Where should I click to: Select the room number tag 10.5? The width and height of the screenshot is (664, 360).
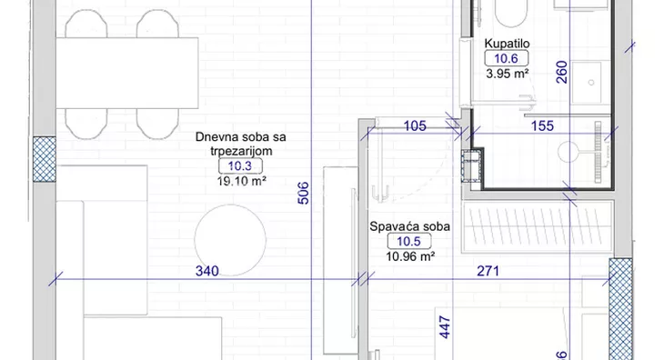click(406, 241)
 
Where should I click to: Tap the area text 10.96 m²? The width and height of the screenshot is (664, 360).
click(406, 256)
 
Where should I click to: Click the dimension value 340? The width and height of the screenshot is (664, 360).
click(206, 271)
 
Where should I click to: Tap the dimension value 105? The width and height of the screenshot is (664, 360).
click(414, 126)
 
